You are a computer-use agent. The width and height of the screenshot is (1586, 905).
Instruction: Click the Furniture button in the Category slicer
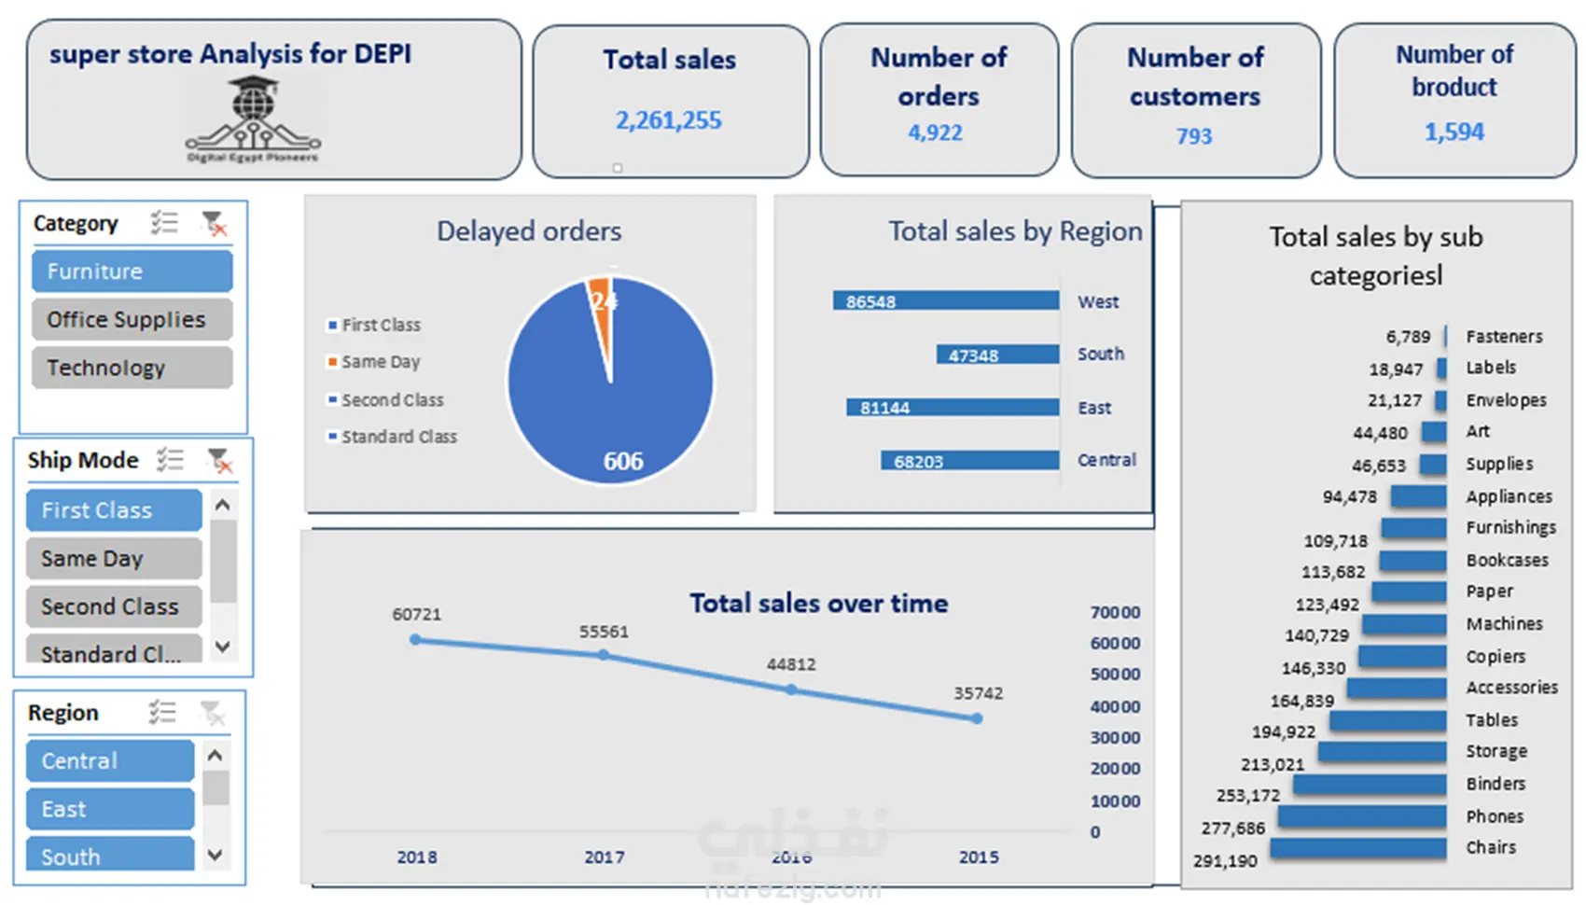(132, 271)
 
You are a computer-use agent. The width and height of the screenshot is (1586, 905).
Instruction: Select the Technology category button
(132, 368)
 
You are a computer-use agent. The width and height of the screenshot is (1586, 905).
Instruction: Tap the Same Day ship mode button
(114, 559)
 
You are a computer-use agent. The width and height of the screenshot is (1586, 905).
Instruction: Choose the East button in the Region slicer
(110, 809)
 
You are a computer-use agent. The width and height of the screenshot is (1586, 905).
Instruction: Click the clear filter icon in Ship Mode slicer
(219, 460)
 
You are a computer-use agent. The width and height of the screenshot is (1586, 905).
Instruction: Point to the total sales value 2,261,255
(668, 120)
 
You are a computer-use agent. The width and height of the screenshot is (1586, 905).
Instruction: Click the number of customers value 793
(1193, 136)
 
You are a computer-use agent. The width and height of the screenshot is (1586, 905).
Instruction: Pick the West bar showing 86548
(945, 301)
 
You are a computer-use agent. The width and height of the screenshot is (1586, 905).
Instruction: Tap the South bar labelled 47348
(997, 355)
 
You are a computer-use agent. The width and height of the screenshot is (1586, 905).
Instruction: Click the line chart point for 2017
(604, 655)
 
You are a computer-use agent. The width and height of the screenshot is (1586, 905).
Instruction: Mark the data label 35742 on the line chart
(978, 693)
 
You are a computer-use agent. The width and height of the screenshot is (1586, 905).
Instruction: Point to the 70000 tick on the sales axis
(1115, 613)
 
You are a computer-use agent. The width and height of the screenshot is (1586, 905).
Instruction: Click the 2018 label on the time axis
(416, 857)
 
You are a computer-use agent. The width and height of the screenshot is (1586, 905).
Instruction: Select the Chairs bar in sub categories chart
(1357, 849)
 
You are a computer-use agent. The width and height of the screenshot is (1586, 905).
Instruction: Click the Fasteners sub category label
(1504, 337)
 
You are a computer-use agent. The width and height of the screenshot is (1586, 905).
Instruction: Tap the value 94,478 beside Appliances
(1349, 497)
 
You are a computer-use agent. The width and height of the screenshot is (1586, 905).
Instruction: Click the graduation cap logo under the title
(253, 117)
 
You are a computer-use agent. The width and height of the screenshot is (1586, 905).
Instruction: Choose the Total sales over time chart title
(818, 604)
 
